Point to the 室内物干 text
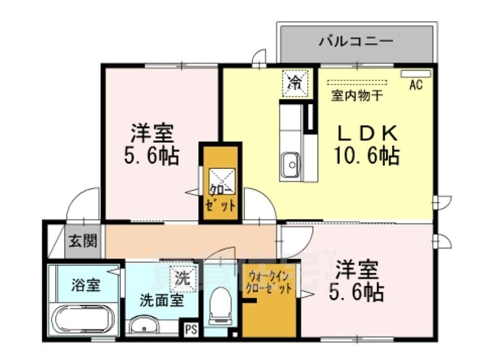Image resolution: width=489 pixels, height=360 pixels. click(358, 96)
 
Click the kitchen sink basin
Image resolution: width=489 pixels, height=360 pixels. click(290, 164)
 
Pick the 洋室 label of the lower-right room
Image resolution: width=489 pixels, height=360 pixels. click(357, 270)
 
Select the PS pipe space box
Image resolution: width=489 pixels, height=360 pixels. click(190, 329)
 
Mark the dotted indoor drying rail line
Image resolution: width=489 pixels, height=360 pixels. click(358, 81)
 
